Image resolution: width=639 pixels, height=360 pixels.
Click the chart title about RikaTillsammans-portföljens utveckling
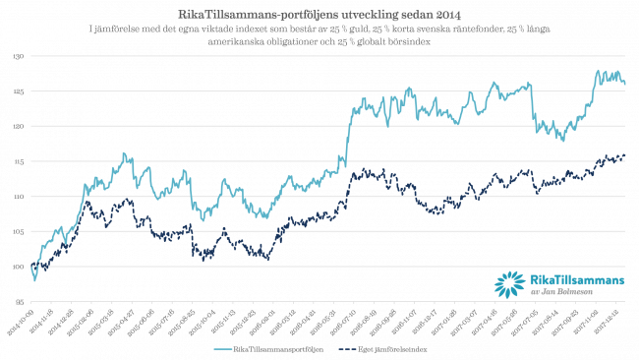click(x=319, y=14)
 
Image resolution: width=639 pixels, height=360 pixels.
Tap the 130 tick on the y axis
click(x=19, y=56)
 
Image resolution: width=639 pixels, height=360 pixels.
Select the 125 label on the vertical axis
click(x=19, y=91)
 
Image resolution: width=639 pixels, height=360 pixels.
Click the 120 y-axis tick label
click(x=19, y=126)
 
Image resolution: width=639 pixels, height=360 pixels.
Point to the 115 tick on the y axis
click(x=19, y=161)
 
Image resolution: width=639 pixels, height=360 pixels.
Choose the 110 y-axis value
click(x=19, y=197)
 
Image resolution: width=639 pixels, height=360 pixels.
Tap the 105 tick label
click(x=19, y=231)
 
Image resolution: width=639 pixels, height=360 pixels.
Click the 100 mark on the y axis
click(x=19, y=267)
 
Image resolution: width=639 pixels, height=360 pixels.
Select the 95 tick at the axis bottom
click(x=20, y=301)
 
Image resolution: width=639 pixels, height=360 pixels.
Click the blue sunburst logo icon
click(x=509, y=283)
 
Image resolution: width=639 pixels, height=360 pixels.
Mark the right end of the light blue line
click(x=626, y=84)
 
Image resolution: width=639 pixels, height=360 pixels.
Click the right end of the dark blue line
click(x=626, y=156)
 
